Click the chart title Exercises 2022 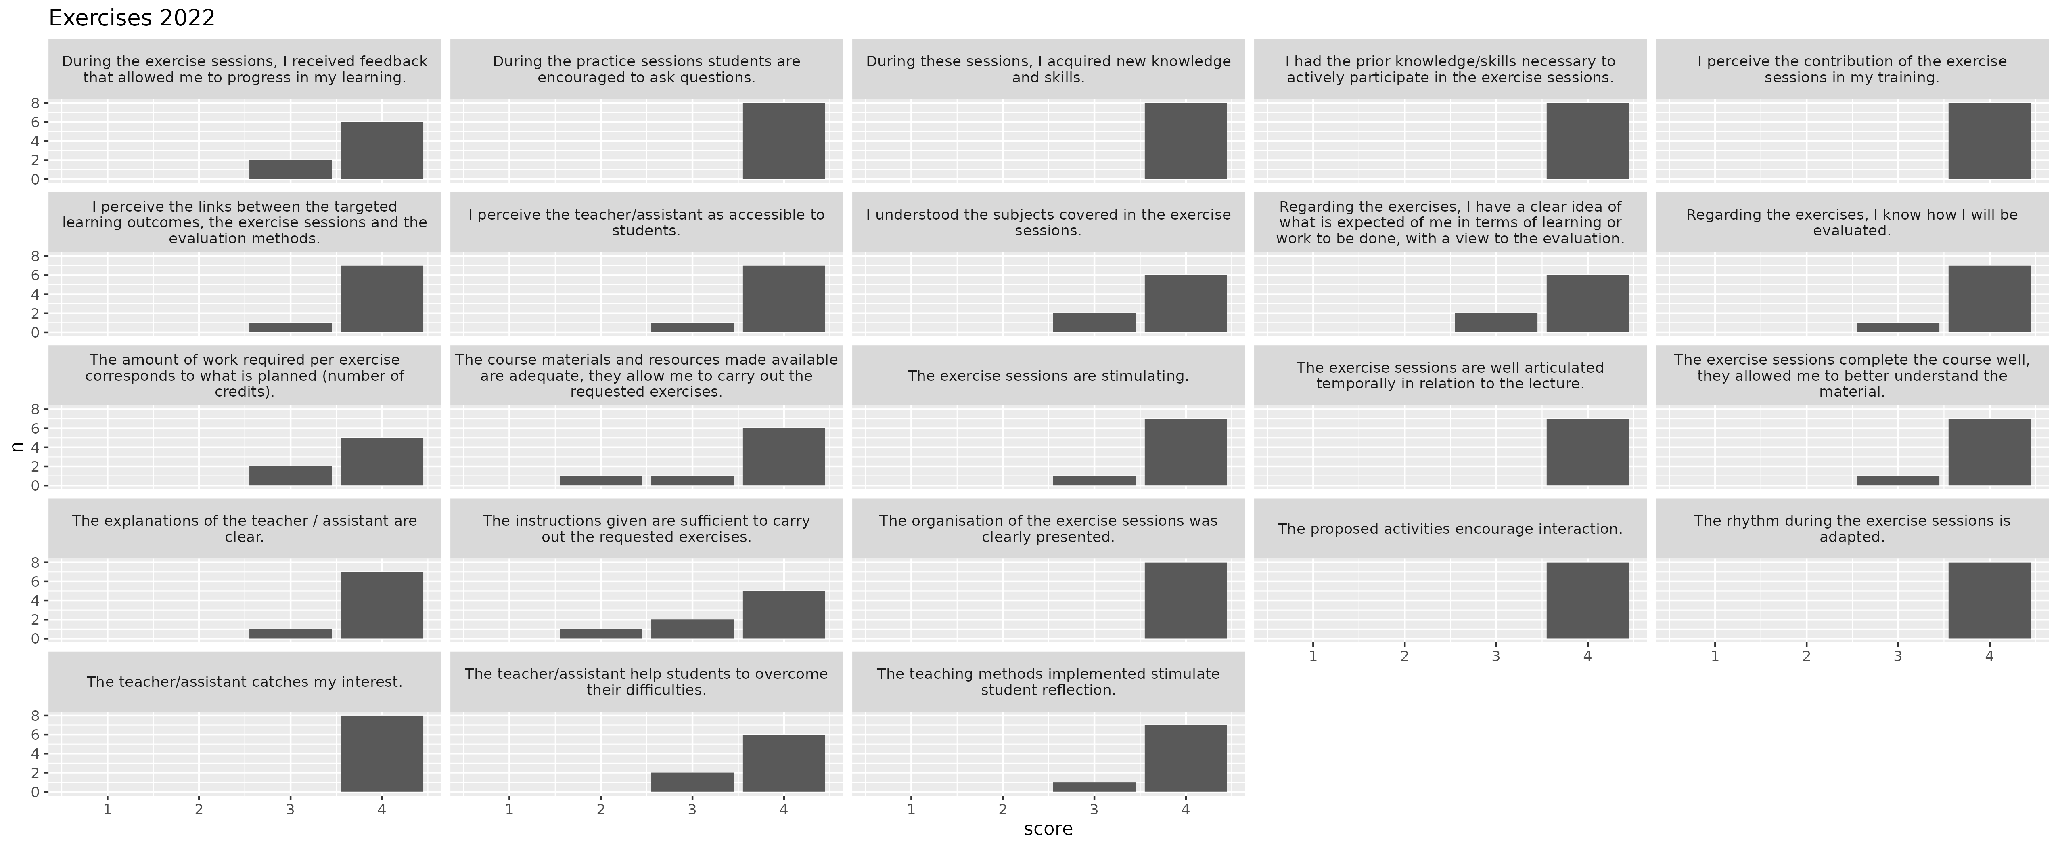(132, 18)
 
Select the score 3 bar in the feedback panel (290, 170)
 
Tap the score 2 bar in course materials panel (601, 481)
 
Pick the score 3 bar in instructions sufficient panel (692, 629)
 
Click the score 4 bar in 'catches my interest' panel (382, 754)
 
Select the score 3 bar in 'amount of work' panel (290, 476)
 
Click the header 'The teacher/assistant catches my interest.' (245, 682)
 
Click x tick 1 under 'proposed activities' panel (1313, 656)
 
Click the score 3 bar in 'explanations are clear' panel (290, 634)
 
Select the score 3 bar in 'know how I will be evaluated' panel (1897, 327)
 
